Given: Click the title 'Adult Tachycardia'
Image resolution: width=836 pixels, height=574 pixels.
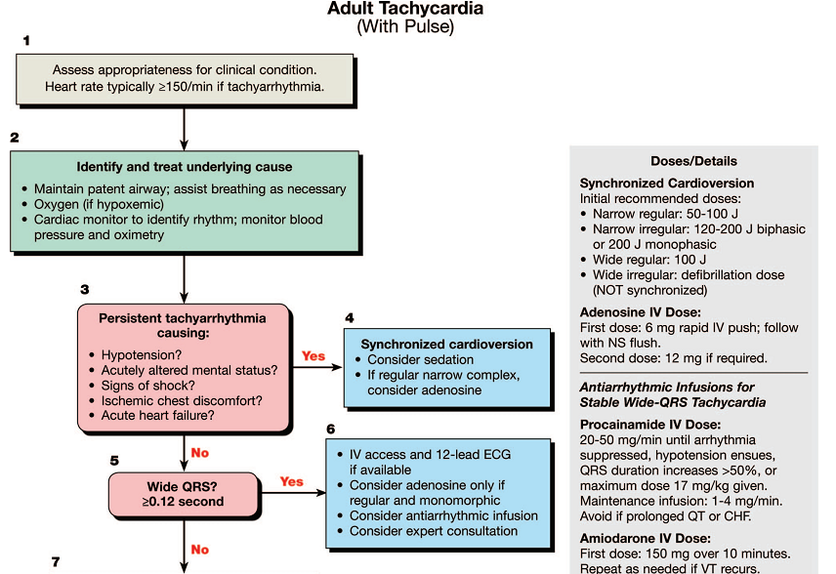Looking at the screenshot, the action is point(405,9).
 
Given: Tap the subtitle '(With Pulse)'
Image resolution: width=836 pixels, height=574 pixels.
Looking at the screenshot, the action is point(405,26).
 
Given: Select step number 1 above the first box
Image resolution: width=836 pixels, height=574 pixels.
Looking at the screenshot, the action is point(26,40).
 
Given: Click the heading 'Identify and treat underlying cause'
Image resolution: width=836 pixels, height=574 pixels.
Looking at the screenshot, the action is point(185,167).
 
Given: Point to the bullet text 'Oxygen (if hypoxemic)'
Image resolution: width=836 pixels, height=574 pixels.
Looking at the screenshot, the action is point(99,204).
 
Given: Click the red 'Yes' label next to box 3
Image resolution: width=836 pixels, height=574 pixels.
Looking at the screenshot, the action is point(313,356).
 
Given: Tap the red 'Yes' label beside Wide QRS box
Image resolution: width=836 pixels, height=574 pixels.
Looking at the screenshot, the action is point(292,482).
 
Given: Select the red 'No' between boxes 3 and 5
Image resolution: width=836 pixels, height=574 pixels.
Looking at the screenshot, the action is point(200,453).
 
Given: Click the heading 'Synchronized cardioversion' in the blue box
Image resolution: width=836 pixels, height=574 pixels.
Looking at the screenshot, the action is point(446,345).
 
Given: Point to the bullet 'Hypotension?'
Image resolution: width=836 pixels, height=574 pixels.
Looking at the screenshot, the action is point(142,355).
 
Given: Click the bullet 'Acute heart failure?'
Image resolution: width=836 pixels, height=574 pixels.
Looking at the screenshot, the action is point(158,415).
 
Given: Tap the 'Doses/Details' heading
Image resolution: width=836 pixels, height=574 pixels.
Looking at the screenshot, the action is point(693,161).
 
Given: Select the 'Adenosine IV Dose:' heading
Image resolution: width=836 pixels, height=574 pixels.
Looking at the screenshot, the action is point(641,312).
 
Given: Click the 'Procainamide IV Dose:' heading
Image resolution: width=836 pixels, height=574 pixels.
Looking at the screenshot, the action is point(650,425).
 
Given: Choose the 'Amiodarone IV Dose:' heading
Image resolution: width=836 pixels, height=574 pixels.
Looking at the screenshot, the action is point(646,538).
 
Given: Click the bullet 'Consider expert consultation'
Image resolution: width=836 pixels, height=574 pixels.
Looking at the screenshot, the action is point(434,531).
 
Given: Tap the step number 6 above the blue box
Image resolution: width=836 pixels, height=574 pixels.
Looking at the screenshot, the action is point(330,429).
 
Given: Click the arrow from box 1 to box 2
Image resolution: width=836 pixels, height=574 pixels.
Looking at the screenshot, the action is point(184,130).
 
